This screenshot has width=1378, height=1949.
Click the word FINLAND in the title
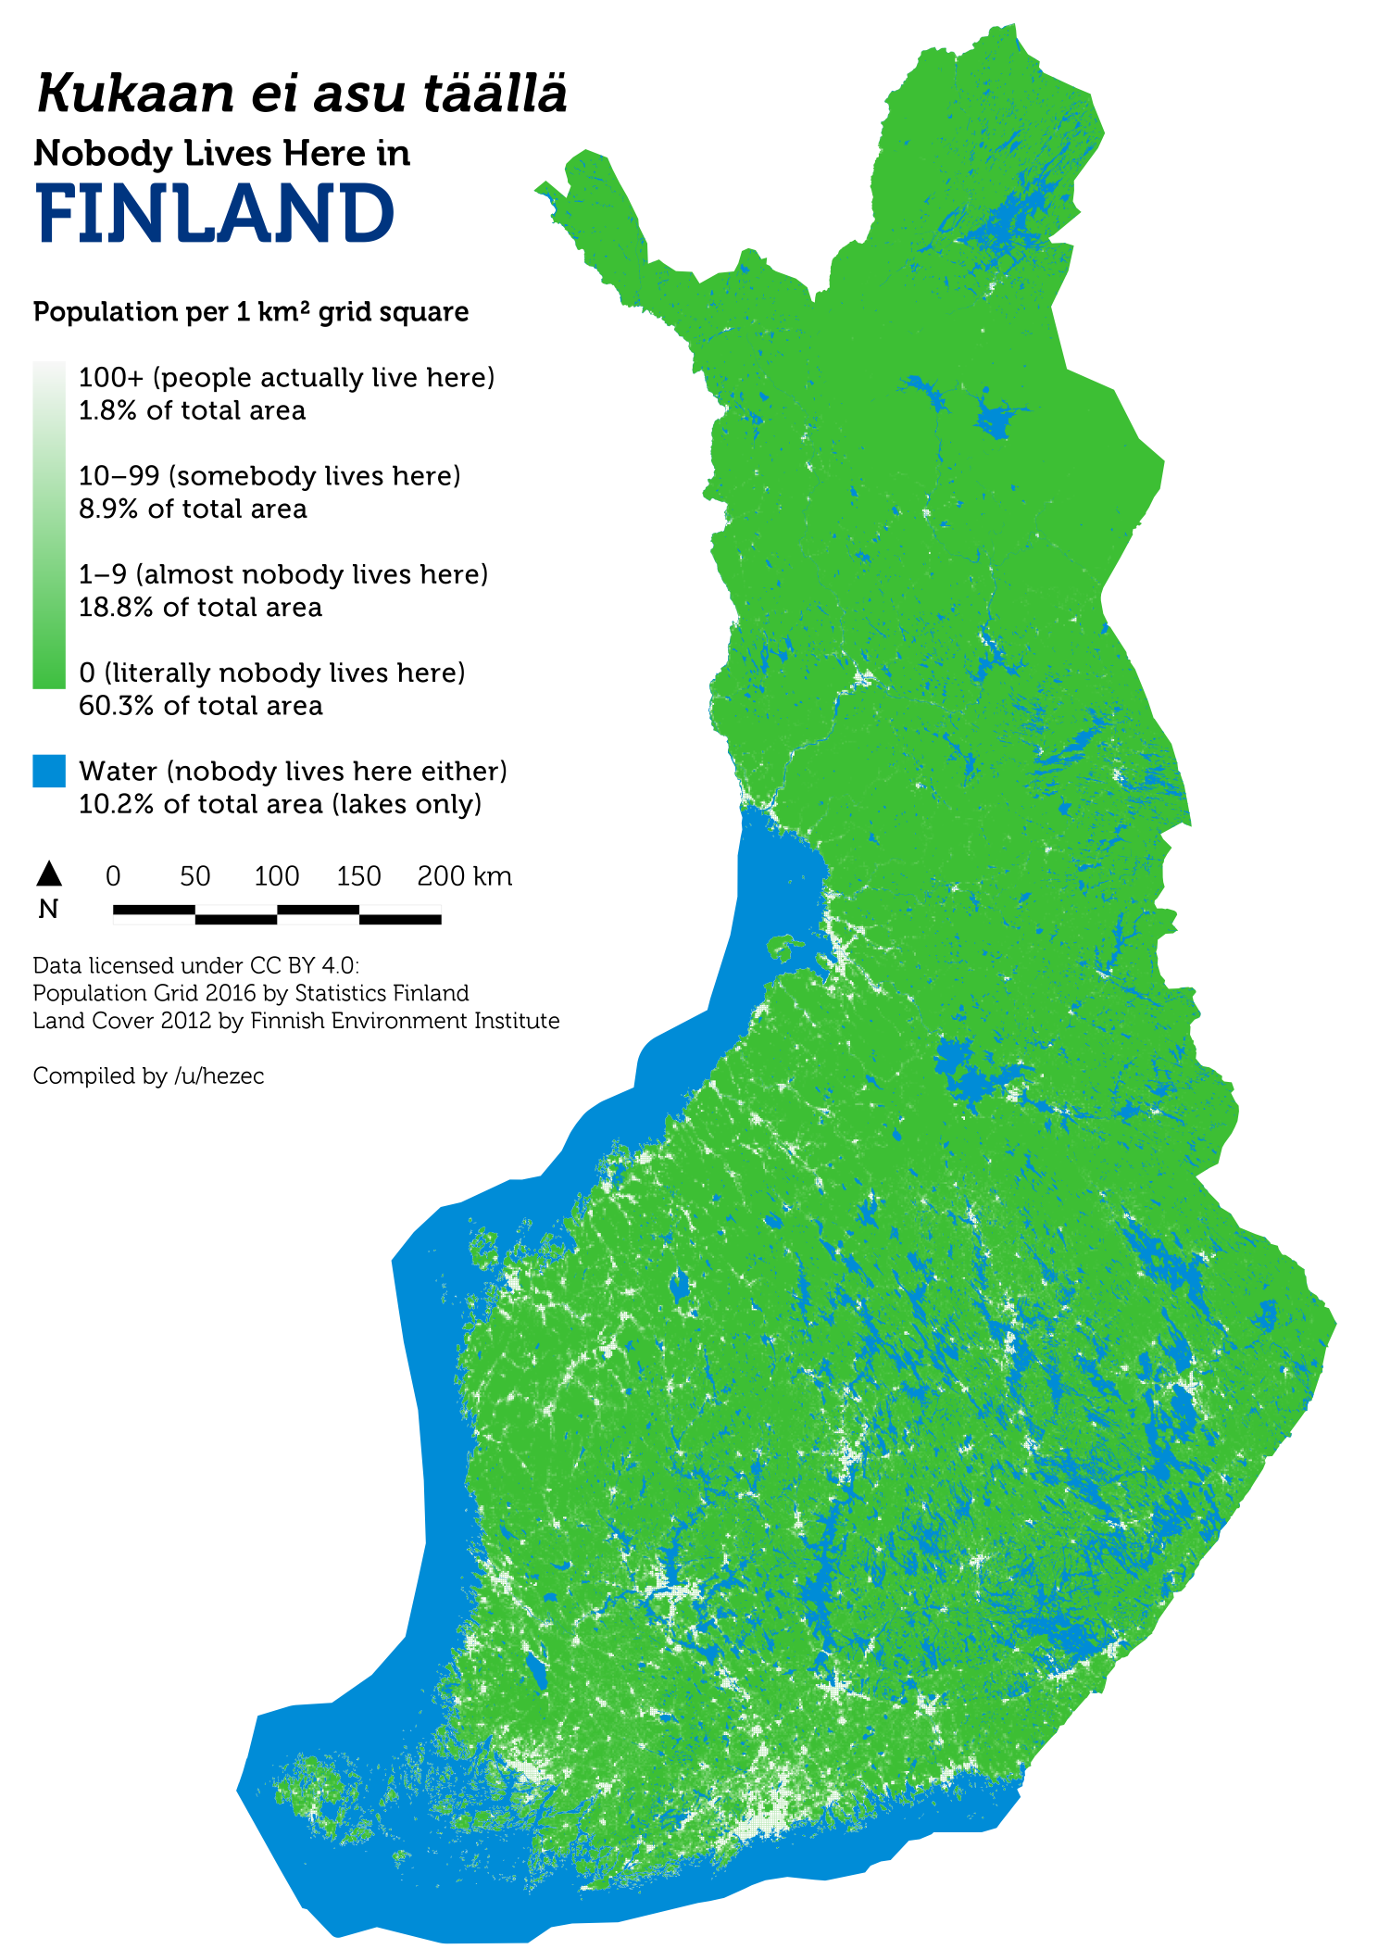point(215,214)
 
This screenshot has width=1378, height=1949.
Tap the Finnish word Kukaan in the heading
point(135,94)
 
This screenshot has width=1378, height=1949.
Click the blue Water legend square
point(49,771)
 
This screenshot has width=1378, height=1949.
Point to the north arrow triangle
point(49,873)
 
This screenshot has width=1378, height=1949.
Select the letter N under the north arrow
point(48,910)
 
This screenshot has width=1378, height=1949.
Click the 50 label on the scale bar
point(194,876)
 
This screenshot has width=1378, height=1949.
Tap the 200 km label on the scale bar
point(464,876)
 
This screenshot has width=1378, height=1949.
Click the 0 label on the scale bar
point(113,876)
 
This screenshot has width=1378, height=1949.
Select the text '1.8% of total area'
point(192,410)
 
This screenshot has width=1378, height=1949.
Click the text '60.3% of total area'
point(200,706)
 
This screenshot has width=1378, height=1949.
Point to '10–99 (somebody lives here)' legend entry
point(269,476)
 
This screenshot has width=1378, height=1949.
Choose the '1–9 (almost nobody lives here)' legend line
point(282,574)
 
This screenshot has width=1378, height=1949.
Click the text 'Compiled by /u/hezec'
point(148,1075)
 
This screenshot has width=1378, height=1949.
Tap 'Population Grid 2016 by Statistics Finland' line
point(250,993)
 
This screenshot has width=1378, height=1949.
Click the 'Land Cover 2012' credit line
point(295,1021)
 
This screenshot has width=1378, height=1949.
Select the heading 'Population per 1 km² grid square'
point(250,312)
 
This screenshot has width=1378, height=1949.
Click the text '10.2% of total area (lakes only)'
point(280,804)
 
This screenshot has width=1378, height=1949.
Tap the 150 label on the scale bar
point(358,876)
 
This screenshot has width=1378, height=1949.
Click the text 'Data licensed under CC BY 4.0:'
point(195,965)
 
